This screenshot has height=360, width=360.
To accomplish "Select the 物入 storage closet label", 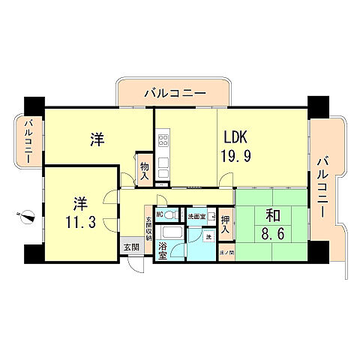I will point(144,169).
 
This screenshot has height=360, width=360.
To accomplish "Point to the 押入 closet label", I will point(226,225).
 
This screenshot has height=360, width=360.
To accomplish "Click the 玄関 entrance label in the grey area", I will point(131,247).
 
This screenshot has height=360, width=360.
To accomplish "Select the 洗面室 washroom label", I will point(196,217).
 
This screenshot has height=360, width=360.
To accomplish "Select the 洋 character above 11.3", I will point(79,202).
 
